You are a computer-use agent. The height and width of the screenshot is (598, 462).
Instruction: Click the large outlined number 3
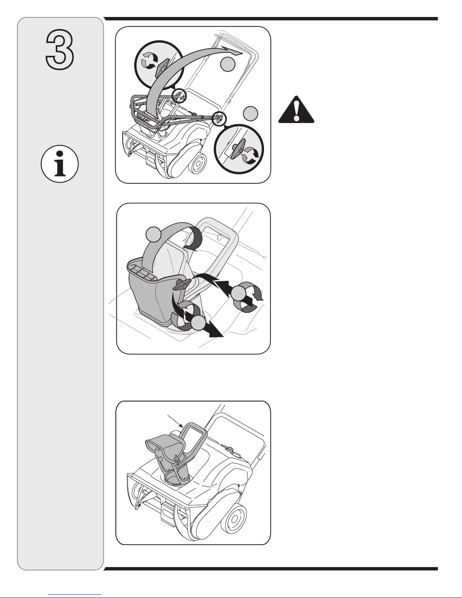60,49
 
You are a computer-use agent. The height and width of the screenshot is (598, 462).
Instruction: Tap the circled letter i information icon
60,164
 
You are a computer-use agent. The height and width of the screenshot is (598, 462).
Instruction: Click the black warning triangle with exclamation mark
296,109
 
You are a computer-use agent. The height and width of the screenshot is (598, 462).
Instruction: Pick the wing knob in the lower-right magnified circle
236,149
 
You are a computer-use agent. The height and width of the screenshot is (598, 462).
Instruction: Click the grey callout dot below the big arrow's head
228,64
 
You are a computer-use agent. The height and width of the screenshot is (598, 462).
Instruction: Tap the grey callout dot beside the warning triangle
250,114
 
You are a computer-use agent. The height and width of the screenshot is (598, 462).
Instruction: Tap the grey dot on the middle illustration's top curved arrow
153,234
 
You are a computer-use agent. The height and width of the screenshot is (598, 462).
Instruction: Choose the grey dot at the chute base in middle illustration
198,323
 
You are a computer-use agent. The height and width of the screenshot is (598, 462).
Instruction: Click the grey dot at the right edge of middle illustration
238,294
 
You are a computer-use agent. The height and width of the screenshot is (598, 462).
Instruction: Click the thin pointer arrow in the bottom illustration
175,421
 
